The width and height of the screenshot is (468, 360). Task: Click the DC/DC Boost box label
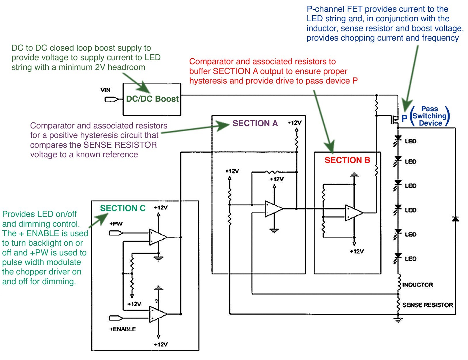click(152, 98)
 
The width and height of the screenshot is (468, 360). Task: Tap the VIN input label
click(105, 90)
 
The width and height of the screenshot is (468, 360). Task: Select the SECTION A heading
click(255, 123)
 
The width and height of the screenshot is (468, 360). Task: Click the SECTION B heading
click(347, 160)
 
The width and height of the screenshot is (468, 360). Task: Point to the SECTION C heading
click(123, 208)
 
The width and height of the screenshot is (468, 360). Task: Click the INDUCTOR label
click(418, 285)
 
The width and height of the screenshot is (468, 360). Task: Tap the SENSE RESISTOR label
click(428, 305)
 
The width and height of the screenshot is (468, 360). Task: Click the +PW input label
click(116, 224)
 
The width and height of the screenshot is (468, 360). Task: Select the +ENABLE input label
click(123, 329)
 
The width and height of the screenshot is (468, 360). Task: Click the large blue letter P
click(404, 118)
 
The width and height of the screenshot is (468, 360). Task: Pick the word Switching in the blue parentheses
click(429, 116)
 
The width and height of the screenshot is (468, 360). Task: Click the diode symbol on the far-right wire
click(455, 219)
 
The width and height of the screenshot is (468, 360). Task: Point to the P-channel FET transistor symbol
click(395, 119)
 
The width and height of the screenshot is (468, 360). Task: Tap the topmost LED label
click(410, 141)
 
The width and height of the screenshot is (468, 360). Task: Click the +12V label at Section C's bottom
click(161, 344)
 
